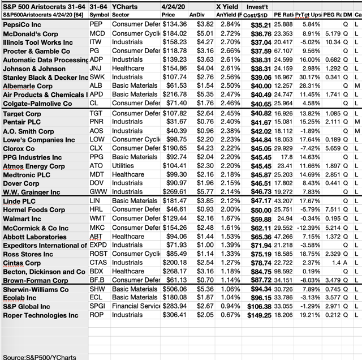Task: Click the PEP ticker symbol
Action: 96,25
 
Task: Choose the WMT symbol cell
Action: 97,218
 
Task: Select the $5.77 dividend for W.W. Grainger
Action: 197,192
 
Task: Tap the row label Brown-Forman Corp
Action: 36,280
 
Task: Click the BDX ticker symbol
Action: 97,271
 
